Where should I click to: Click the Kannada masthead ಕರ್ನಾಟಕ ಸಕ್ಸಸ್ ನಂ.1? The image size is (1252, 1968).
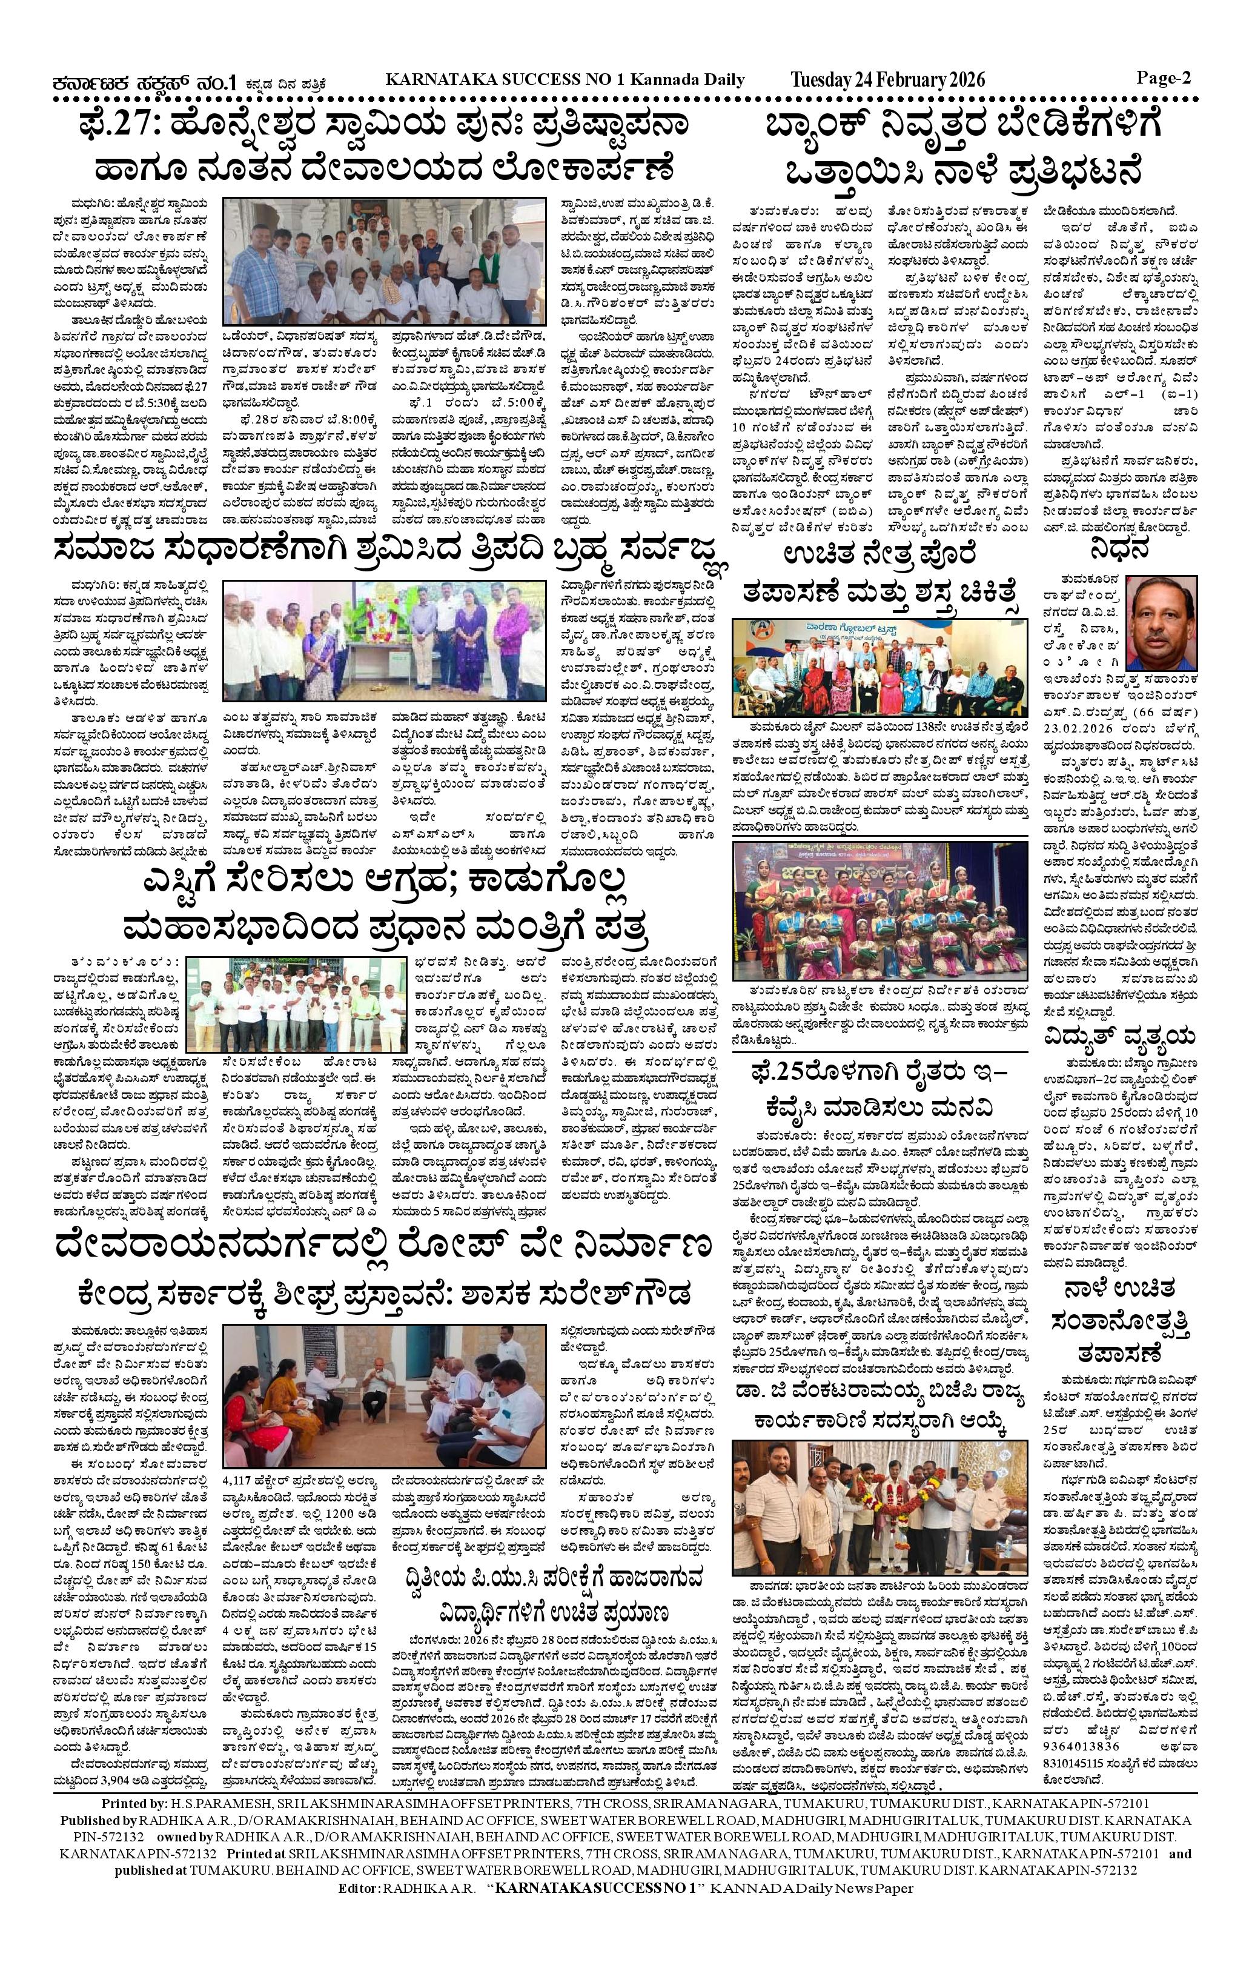click(x=145, y=82)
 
